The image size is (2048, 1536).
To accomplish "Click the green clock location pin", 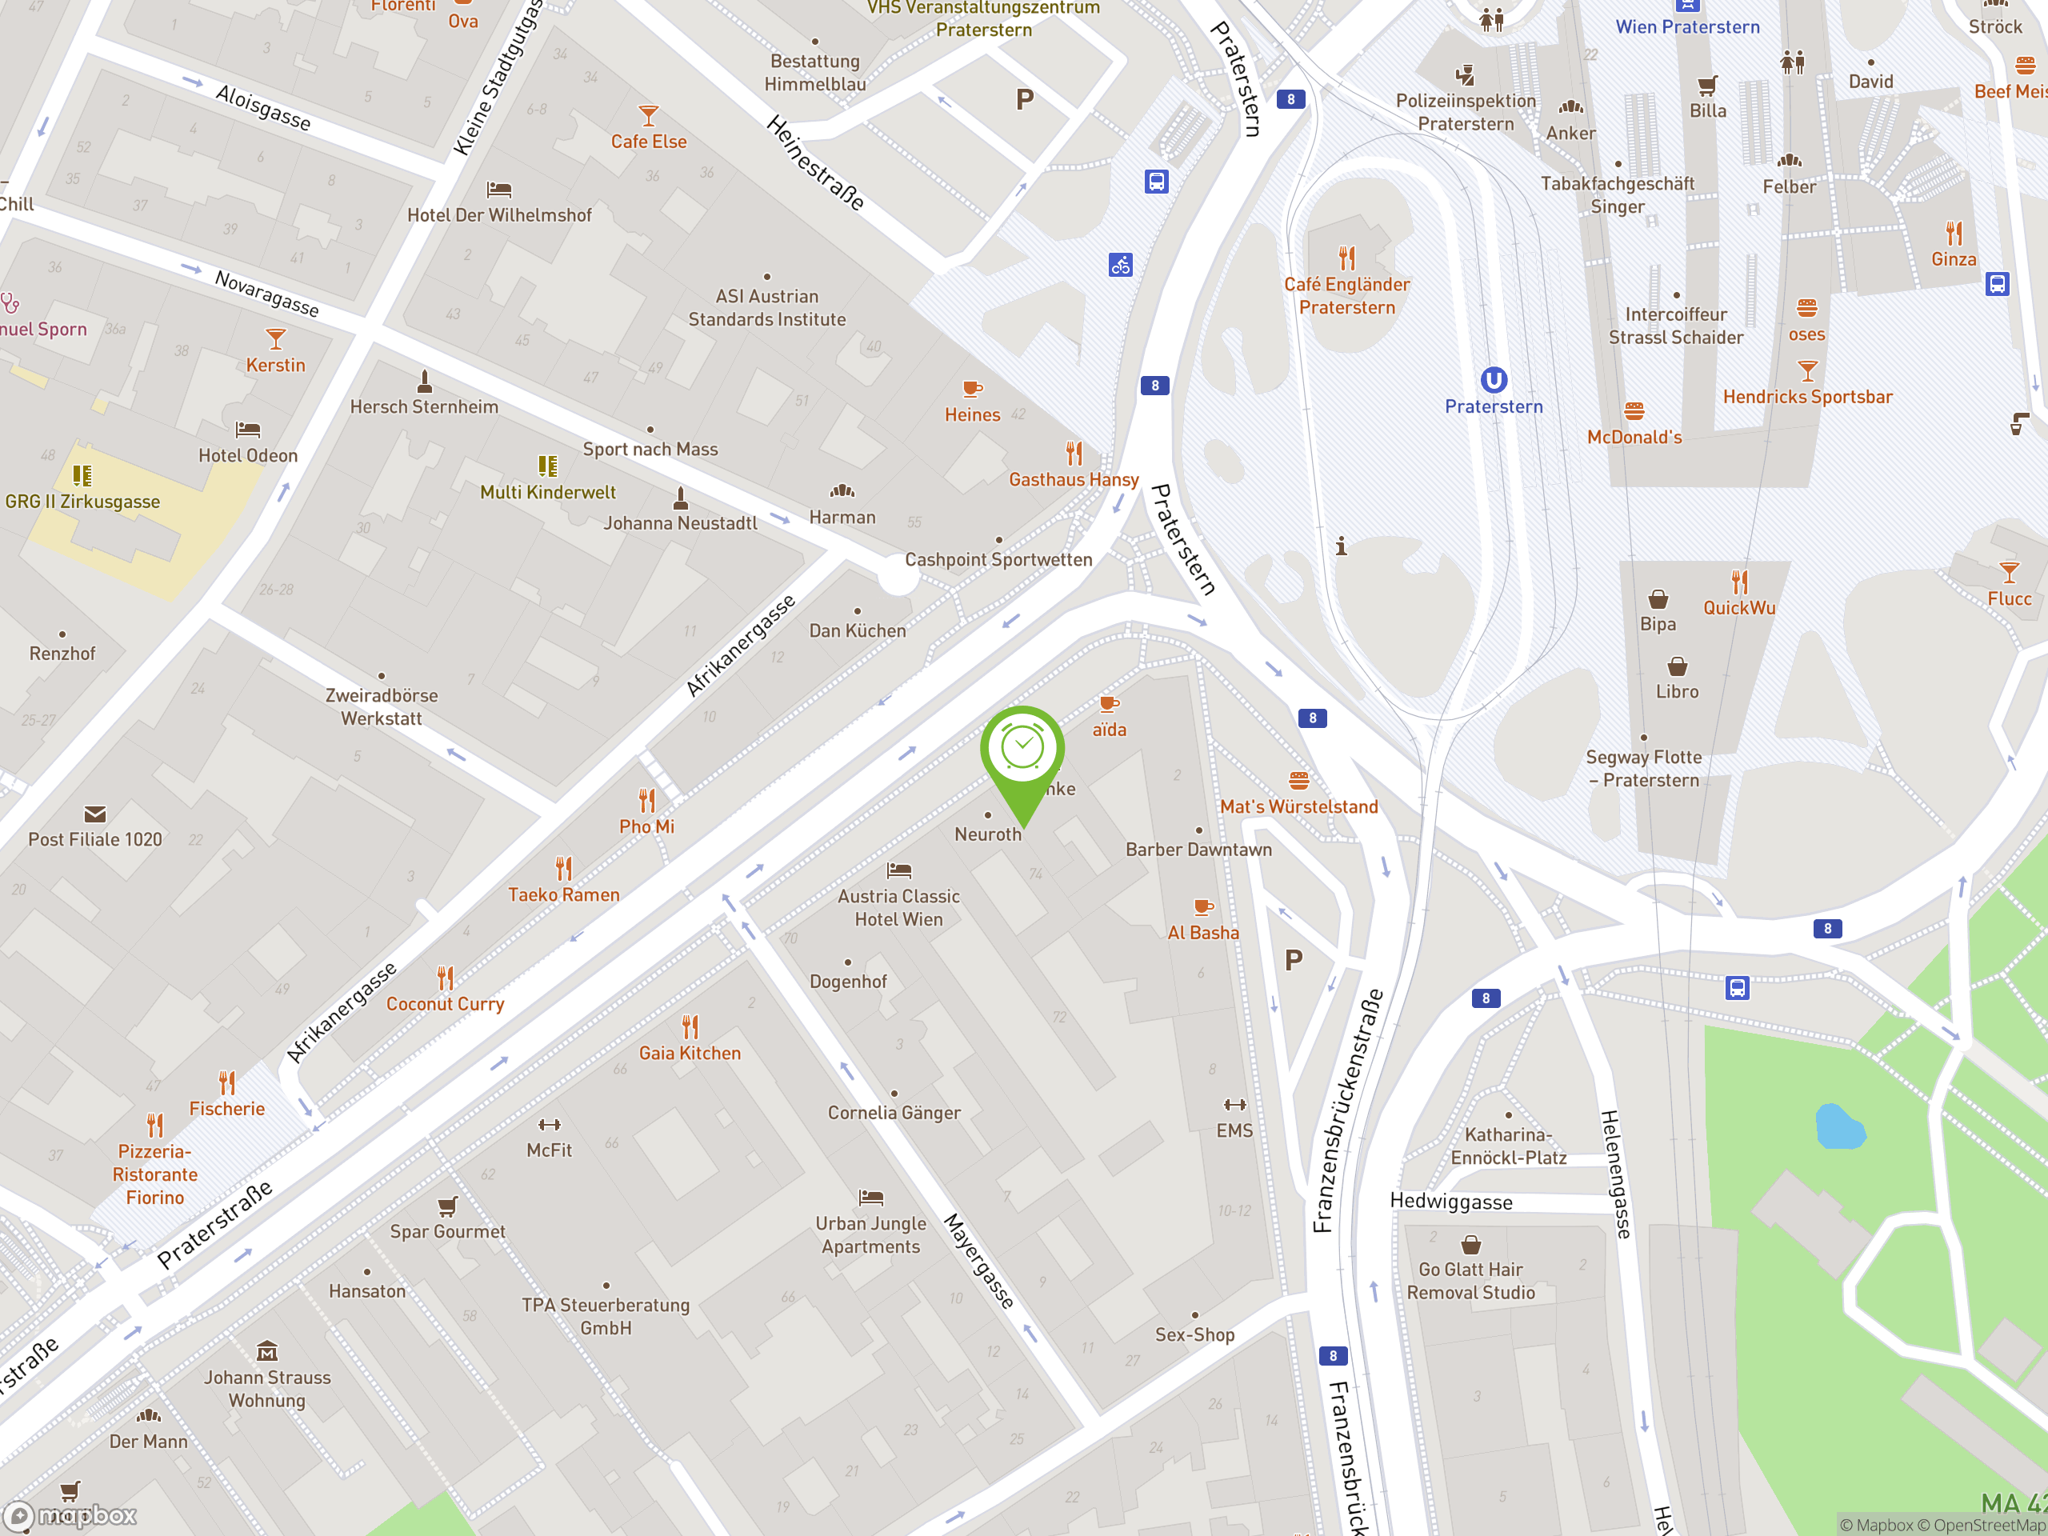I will coord(1022,750).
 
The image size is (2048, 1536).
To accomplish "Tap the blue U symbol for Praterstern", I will coord(1494,380).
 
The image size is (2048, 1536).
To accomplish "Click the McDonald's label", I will coord(1634,437).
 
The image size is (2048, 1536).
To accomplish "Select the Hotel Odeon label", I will coord(248,455).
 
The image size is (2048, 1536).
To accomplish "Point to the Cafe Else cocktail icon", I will coord(648,116).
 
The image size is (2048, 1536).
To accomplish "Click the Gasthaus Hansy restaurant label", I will coord(1073,479).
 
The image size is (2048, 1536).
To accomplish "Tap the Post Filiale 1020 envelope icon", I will coord(94,814).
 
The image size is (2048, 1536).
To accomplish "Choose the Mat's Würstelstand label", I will coord(1298,806).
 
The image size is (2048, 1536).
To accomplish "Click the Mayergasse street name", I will coord(978,1260).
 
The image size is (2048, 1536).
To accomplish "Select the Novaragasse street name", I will coord(266,293).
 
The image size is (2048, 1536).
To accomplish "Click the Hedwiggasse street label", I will coord(1451,1202).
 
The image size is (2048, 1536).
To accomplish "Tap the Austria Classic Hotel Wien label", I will coord(898,907).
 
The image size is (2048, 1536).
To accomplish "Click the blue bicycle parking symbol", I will coord(1120,266).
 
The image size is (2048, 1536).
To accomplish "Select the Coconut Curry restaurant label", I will coord(445,1004).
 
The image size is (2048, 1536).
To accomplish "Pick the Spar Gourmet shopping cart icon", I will coord(447,1206).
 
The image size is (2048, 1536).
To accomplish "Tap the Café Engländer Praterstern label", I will coord(1346,295).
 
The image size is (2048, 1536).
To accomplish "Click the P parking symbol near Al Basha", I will coord(1294,960).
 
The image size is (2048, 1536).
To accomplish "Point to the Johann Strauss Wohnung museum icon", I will coord(266,1351).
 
